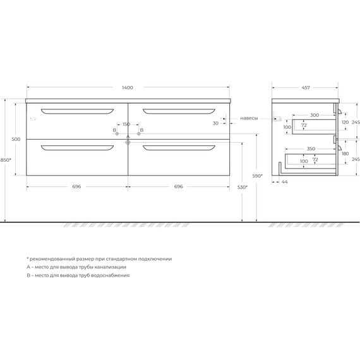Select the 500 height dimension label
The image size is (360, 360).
coord(16,140)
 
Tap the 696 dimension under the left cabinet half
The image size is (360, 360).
coord(76,187)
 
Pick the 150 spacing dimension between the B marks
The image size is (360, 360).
coord(126,124)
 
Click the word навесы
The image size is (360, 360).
coord(249,118)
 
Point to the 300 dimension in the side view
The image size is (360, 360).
coord(314,115)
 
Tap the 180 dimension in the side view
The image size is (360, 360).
coord(345,153)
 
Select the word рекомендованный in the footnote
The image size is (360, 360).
coord(55,259)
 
